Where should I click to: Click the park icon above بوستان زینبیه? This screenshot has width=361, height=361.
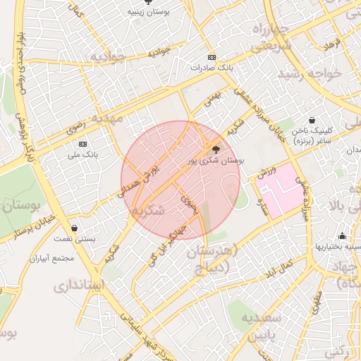point(147,2)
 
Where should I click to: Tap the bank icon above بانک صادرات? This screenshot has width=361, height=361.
point(211,57)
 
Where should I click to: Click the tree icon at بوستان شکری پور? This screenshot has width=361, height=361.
point(215,149)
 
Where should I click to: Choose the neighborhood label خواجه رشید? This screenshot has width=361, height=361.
point(310,73)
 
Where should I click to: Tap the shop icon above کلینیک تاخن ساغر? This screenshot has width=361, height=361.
point(312,121)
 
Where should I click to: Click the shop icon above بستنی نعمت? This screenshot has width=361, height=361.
point(75,228)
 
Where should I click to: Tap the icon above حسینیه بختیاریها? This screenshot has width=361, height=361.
point(342,235)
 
